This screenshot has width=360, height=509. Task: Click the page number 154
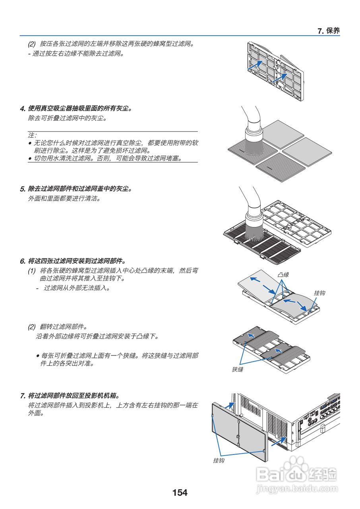point(180,493)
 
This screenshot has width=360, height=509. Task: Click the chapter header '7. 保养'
point(329,31)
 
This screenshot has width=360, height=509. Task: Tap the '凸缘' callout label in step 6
point(283,275)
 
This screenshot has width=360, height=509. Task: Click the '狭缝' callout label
point(237,369)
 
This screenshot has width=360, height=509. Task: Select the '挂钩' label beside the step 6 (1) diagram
point(319,293)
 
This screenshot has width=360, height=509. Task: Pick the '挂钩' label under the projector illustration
point(219,460)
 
